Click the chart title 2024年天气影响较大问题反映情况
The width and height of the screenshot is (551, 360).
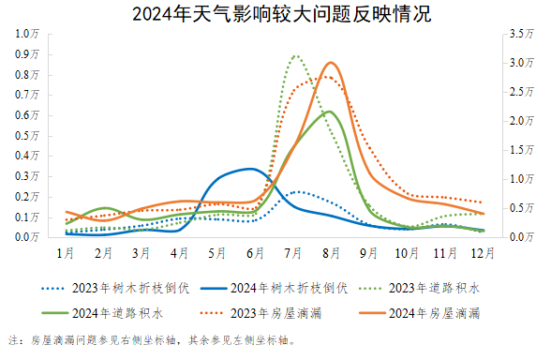click(275, 13)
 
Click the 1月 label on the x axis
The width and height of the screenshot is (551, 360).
click(66, 253)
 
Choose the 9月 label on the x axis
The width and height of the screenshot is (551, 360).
click(369, 253)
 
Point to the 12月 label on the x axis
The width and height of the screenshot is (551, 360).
click(483, 253)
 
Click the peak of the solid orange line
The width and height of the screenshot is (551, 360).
click(330, 63)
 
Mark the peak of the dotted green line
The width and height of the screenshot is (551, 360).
click(295, 56)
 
